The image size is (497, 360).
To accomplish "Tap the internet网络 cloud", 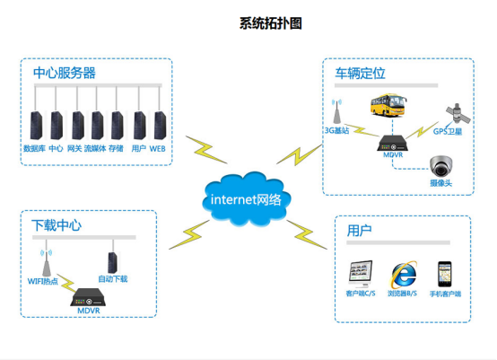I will (x=245, y=198).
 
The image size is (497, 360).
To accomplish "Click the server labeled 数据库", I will (x=35, y=124).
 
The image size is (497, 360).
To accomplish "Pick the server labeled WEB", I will (x=158, y=124).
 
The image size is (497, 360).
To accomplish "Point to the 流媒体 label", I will (x=95, y=147).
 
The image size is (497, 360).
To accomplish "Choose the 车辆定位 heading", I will (x=360, y=72).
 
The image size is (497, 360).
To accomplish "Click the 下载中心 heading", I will (x=57, y=224).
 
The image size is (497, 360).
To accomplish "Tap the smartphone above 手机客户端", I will (x=443, y=274).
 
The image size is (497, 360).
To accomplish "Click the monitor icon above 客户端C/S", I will (x=360, y=274).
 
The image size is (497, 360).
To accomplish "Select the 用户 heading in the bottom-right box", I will (x=360, y=231).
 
